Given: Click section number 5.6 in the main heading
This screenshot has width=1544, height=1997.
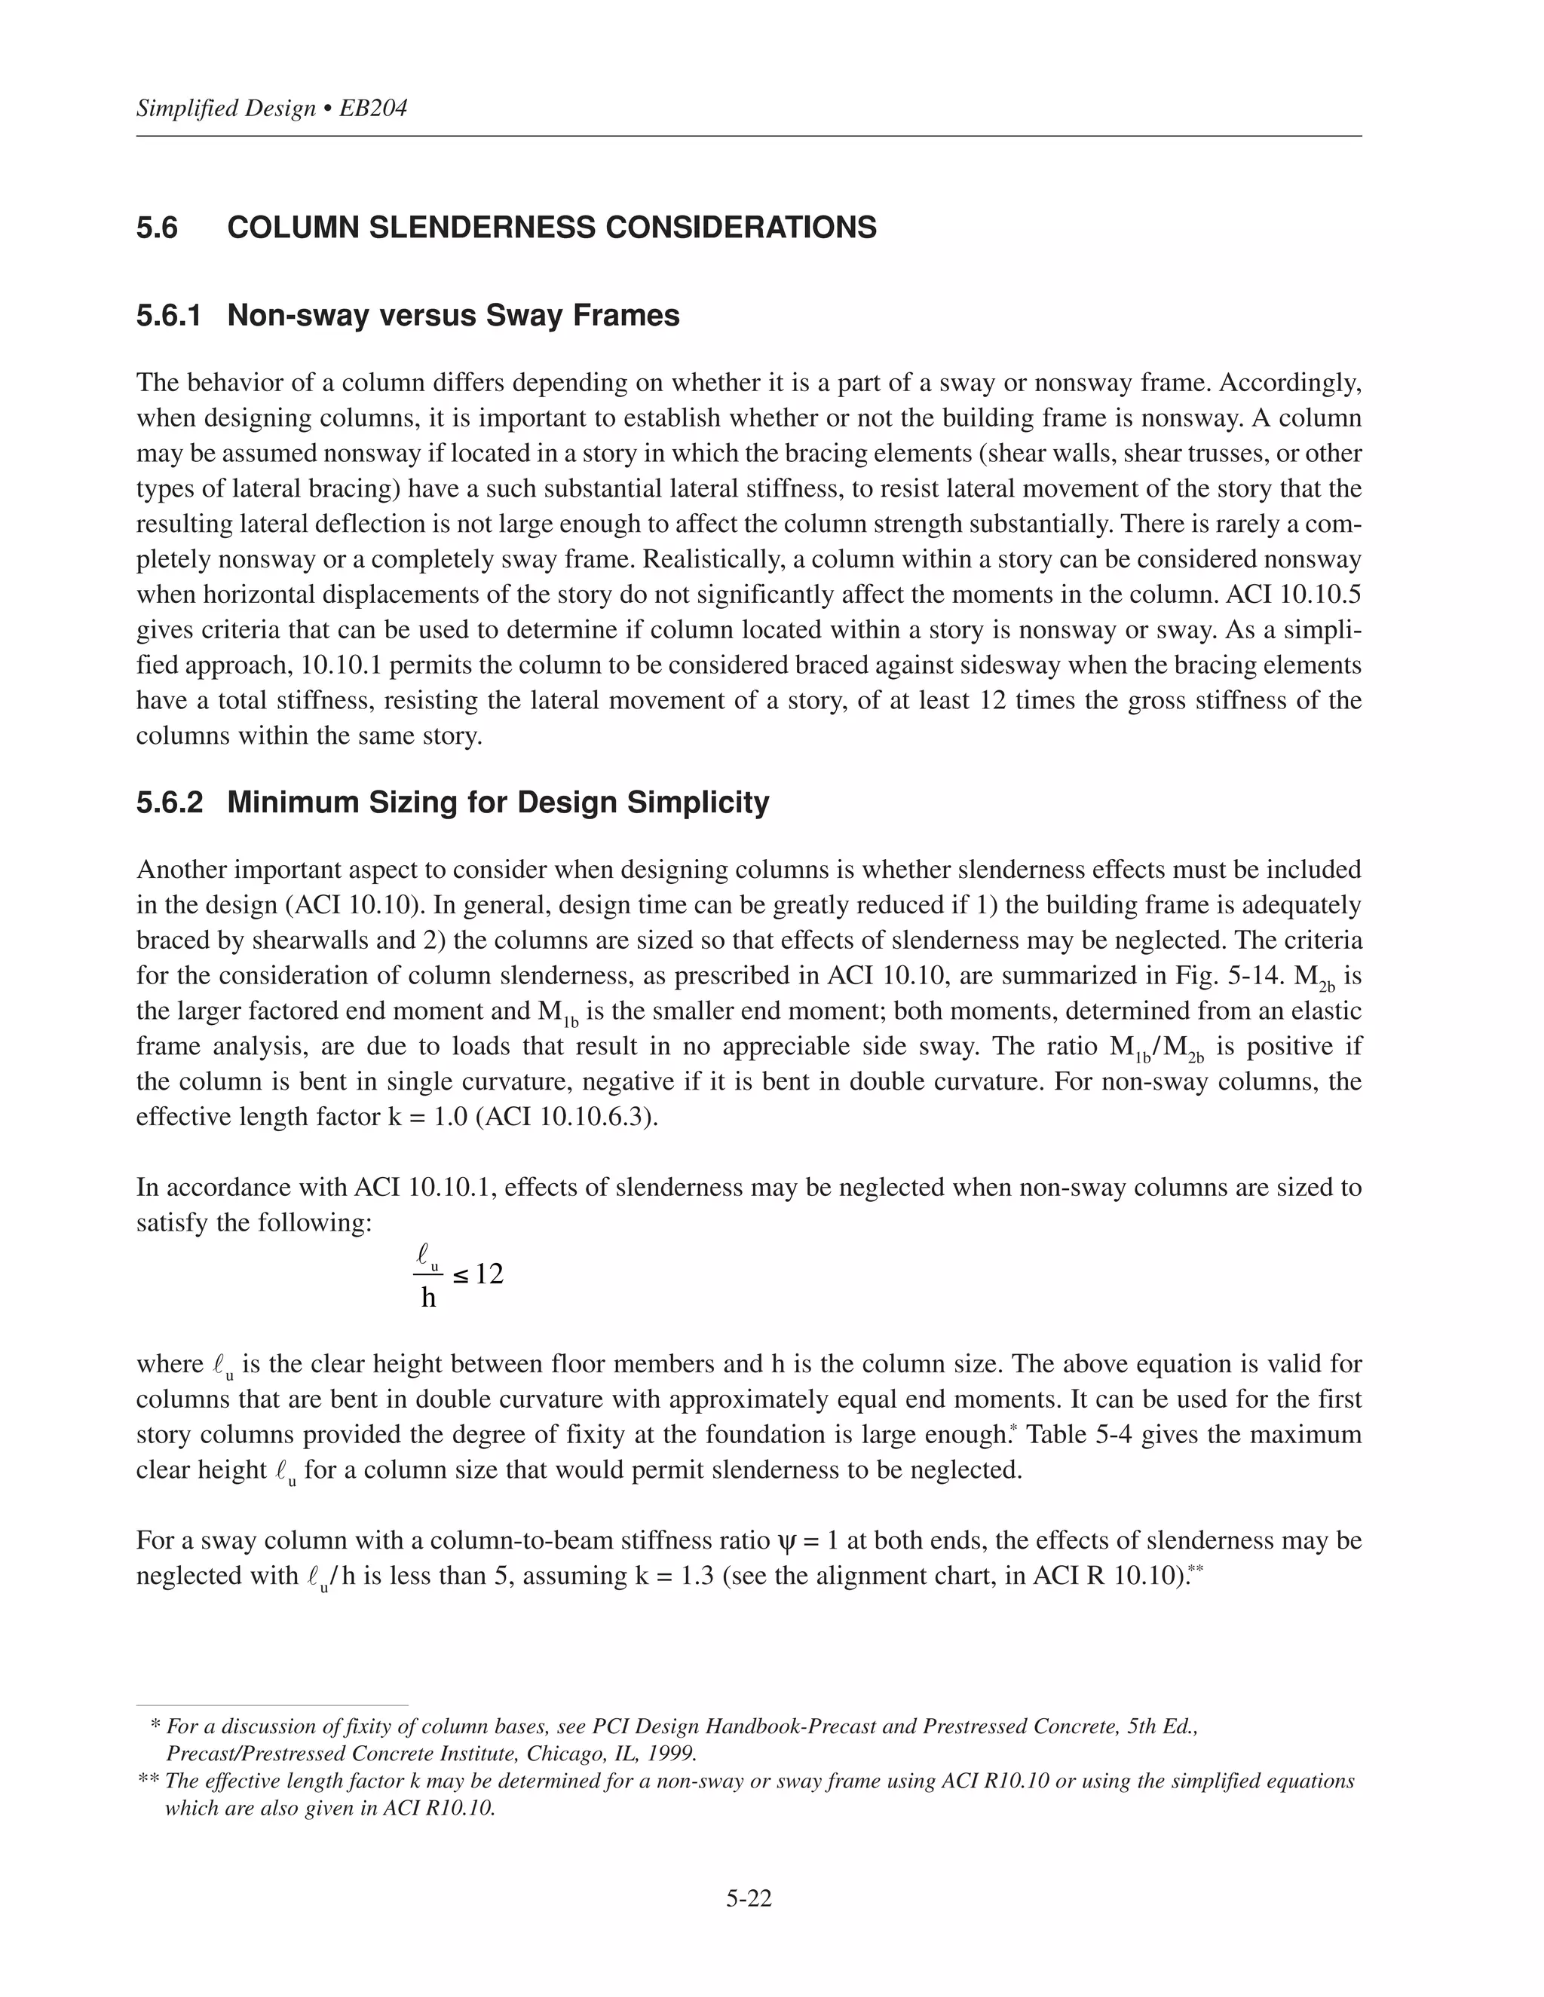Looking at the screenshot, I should point(158,228).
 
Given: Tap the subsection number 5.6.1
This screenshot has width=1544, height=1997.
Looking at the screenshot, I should point(168,316).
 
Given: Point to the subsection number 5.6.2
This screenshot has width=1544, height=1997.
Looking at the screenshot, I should point(169,802).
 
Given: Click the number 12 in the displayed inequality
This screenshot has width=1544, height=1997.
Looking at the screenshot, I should point(489,1274).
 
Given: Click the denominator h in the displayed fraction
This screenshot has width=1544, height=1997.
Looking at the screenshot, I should point(428,1298).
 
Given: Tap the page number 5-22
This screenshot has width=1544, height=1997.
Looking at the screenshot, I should point(749,1900).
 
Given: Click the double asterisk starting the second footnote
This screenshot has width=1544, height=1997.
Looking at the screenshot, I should point(149,1781).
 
